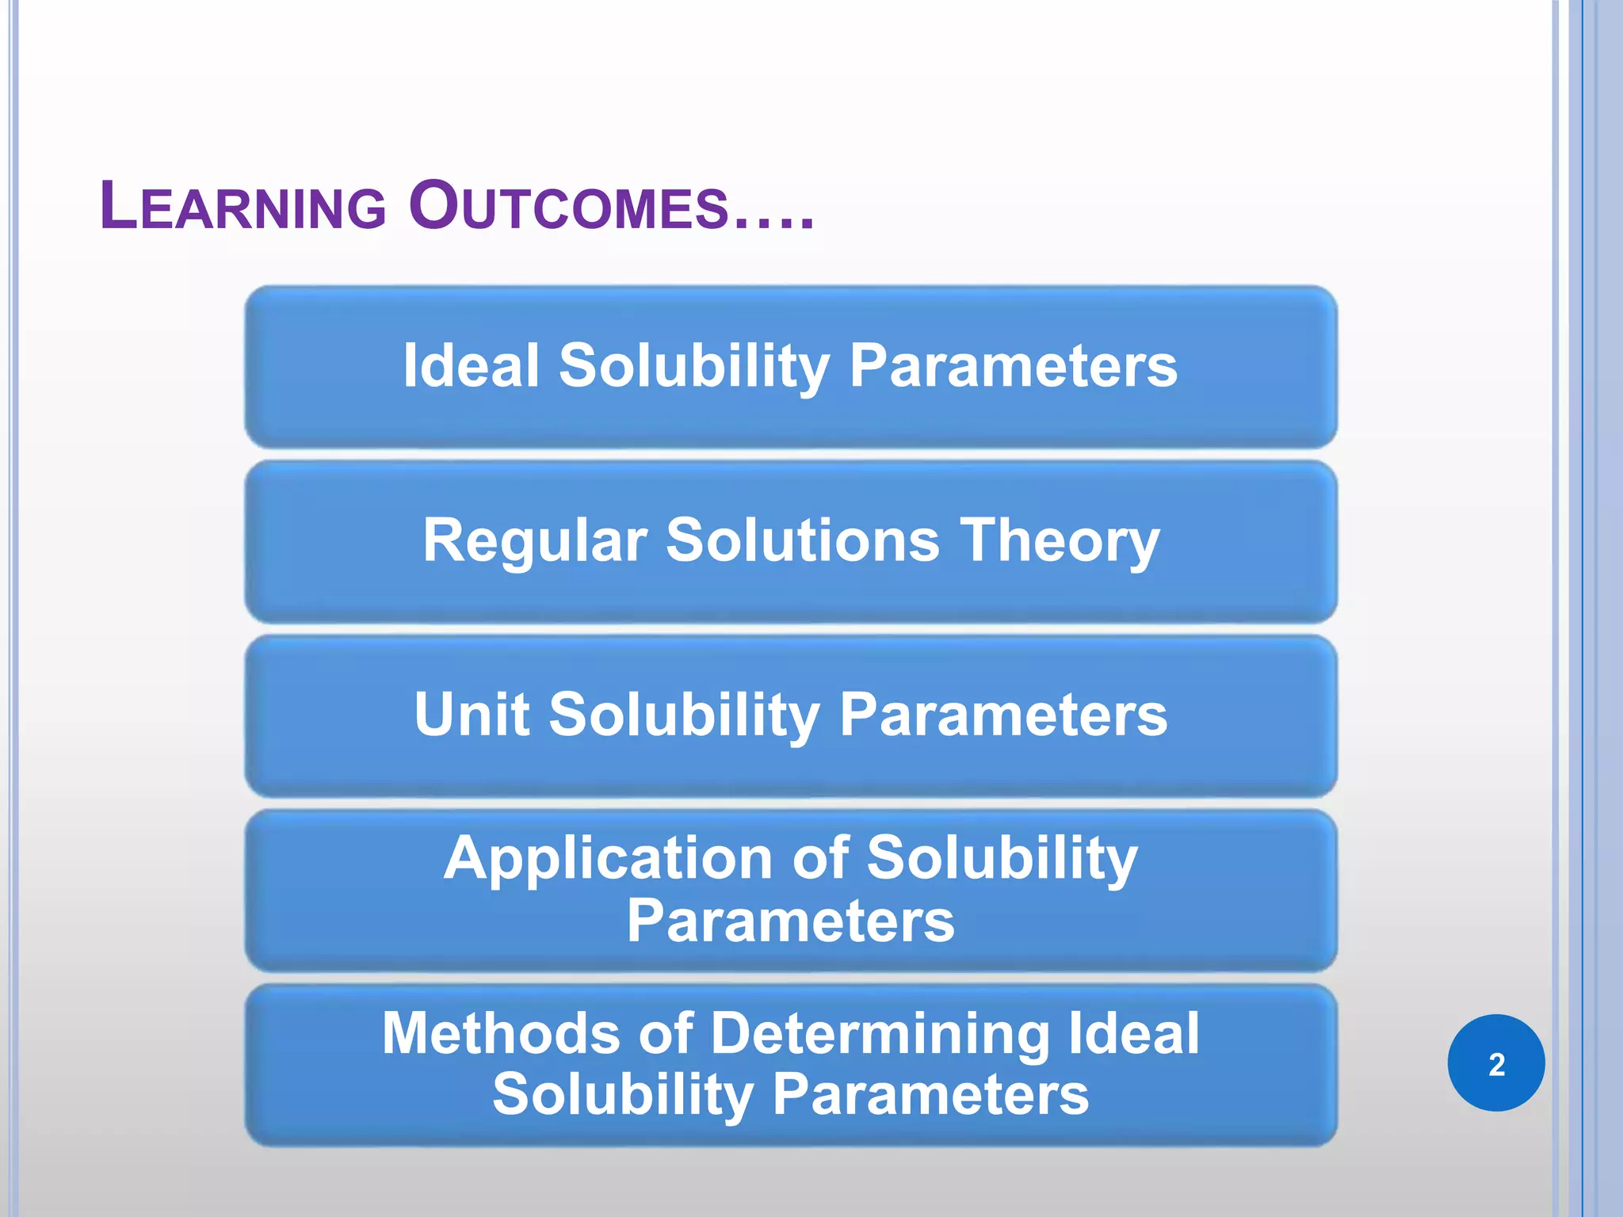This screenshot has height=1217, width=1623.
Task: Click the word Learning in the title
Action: click(x=242, y=208)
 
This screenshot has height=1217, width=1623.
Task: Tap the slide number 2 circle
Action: click(x=1495, y=1063)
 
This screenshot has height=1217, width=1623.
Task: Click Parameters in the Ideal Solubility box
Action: click(x=1013, y=366)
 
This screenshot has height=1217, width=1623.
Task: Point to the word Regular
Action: click(x=535, y=541)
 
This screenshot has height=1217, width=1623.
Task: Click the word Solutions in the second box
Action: click(x=802, y=541)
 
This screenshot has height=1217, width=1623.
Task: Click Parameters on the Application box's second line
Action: click(x=790, y=921)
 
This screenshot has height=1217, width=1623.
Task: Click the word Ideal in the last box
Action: click(x=1134, y=1034)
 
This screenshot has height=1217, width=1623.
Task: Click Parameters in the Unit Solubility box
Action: click(x=1002, y=715)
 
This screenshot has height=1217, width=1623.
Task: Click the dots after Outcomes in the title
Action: click(x=773, y=225)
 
